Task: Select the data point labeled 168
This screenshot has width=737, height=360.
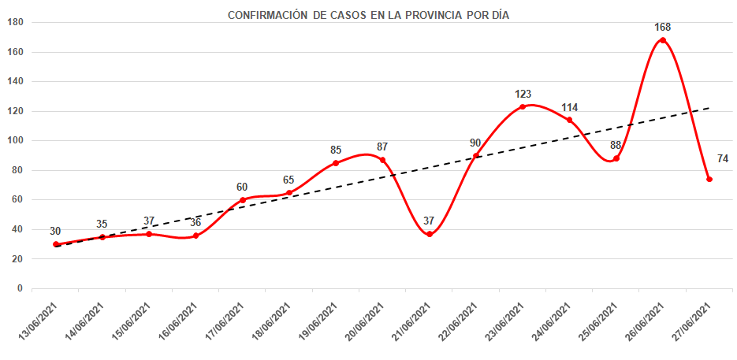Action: (x=663, y=40)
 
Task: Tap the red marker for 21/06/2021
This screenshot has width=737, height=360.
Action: (x=430, y=234)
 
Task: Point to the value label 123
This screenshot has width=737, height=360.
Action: (x=523, y=94)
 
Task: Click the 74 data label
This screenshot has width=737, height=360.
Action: (x=722, y=159)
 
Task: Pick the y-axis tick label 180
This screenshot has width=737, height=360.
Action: (x=14, y=23)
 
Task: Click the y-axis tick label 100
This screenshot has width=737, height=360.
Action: (x=14, y=141)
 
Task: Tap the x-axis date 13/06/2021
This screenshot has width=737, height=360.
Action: (x=38, y=323)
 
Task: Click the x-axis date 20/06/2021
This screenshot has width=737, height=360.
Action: (x=365, y=323)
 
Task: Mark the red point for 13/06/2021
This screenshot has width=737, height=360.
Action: (x=56, y=244)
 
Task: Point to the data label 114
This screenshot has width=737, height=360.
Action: (x=570, y=107)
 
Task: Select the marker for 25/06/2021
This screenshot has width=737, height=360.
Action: (x=616, y=158)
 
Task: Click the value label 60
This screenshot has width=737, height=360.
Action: (x=242, y=187)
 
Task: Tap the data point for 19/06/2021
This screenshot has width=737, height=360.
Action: (x=336, y=163)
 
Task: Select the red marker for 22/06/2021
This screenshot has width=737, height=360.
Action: (x=476, y=155)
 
